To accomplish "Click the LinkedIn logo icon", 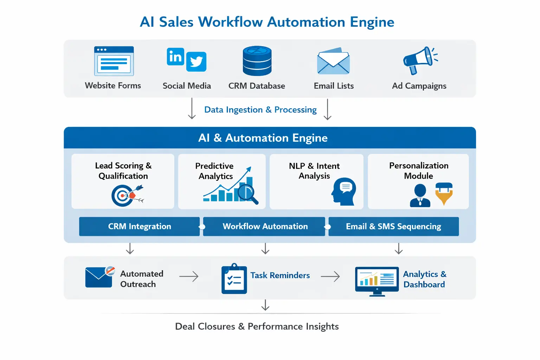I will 175,57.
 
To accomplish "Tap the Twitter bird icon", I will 196,62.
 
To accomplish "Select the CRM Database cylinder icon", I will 257,61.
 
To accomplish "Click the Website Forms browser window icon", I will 114,61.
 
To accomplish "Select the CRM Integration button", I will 139,226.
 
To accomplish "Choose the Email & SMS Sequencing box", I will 393,226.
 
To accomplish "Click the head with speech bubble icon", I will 343,192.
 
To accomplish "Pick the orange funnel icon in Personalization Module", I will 444,194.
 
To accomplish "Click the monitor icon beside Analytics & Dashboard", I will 377,281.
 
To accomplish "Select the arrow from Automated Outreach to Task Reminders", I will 189,277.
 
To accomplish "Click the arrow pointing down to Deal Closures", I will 265,305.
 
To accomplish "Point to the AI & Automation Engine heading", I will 263,138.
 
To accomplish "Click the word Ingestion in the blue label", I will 244,110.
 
